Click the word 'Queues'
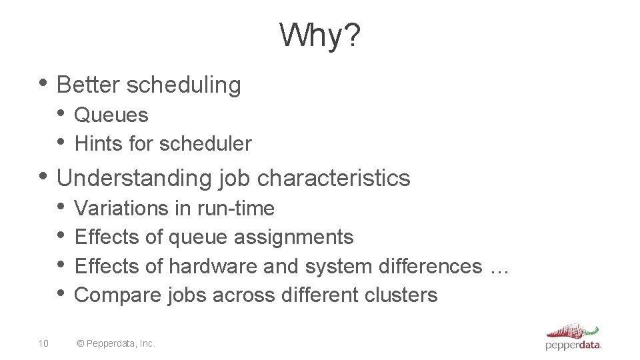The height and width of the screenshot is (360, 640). pos(111,115)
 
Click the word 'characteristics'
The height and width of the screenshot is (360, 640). pos(333,178)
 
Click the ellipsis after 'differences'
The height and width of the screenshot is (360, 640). pos(499,268)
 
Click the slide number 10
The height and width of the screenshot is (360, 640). pos(43,343)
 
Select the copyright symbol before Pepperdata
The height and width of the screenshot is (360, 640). pos(81,343)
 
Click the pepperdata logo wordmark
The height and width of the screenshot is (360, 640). pos(573,345)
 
